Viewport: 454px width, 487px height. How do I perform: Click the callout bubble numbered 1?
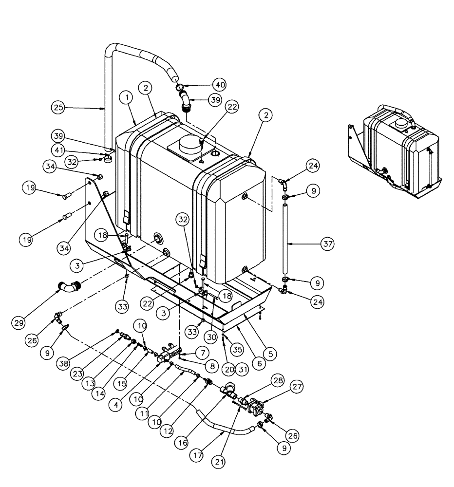(x=127, y=98)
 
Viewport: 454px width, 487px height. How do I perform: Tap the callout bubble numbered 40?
(x=220, y=84)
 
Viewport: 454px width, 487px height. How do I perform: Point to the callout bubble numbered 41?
(x=59, y=151)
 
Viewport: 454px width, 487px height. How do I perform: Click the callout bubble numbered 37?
(x=328, y=243)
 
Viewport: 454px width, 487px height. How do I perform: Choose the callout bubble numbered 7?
(x=201, y=351)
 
